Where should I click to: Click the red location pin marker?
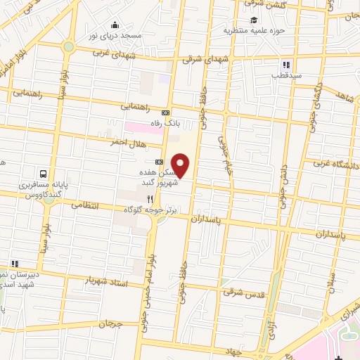[181, 165]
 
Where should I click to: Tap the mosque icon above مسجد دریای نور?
[115, 26]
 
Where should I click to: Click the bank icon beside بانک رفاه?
[166, 112]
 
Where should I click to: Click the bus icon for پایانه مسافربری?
[44, 173]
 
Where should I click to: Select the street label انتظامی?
[87, 206]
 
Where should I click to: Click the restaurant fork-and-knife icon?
[149, 199]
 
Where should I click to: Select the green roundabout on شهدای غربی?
[68, 46]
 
